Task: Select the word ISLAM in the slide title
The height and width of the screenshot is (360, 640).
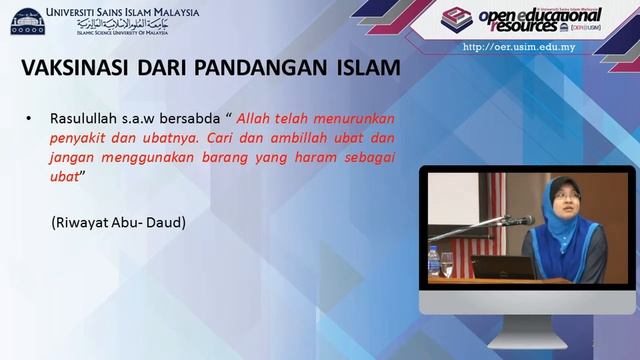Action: (363, 69)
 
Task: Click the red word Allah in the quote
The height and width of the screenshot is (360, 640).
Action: (254, 119)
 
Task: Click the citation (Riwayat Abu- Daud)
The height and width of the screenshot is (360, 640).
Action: (120, 221)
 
